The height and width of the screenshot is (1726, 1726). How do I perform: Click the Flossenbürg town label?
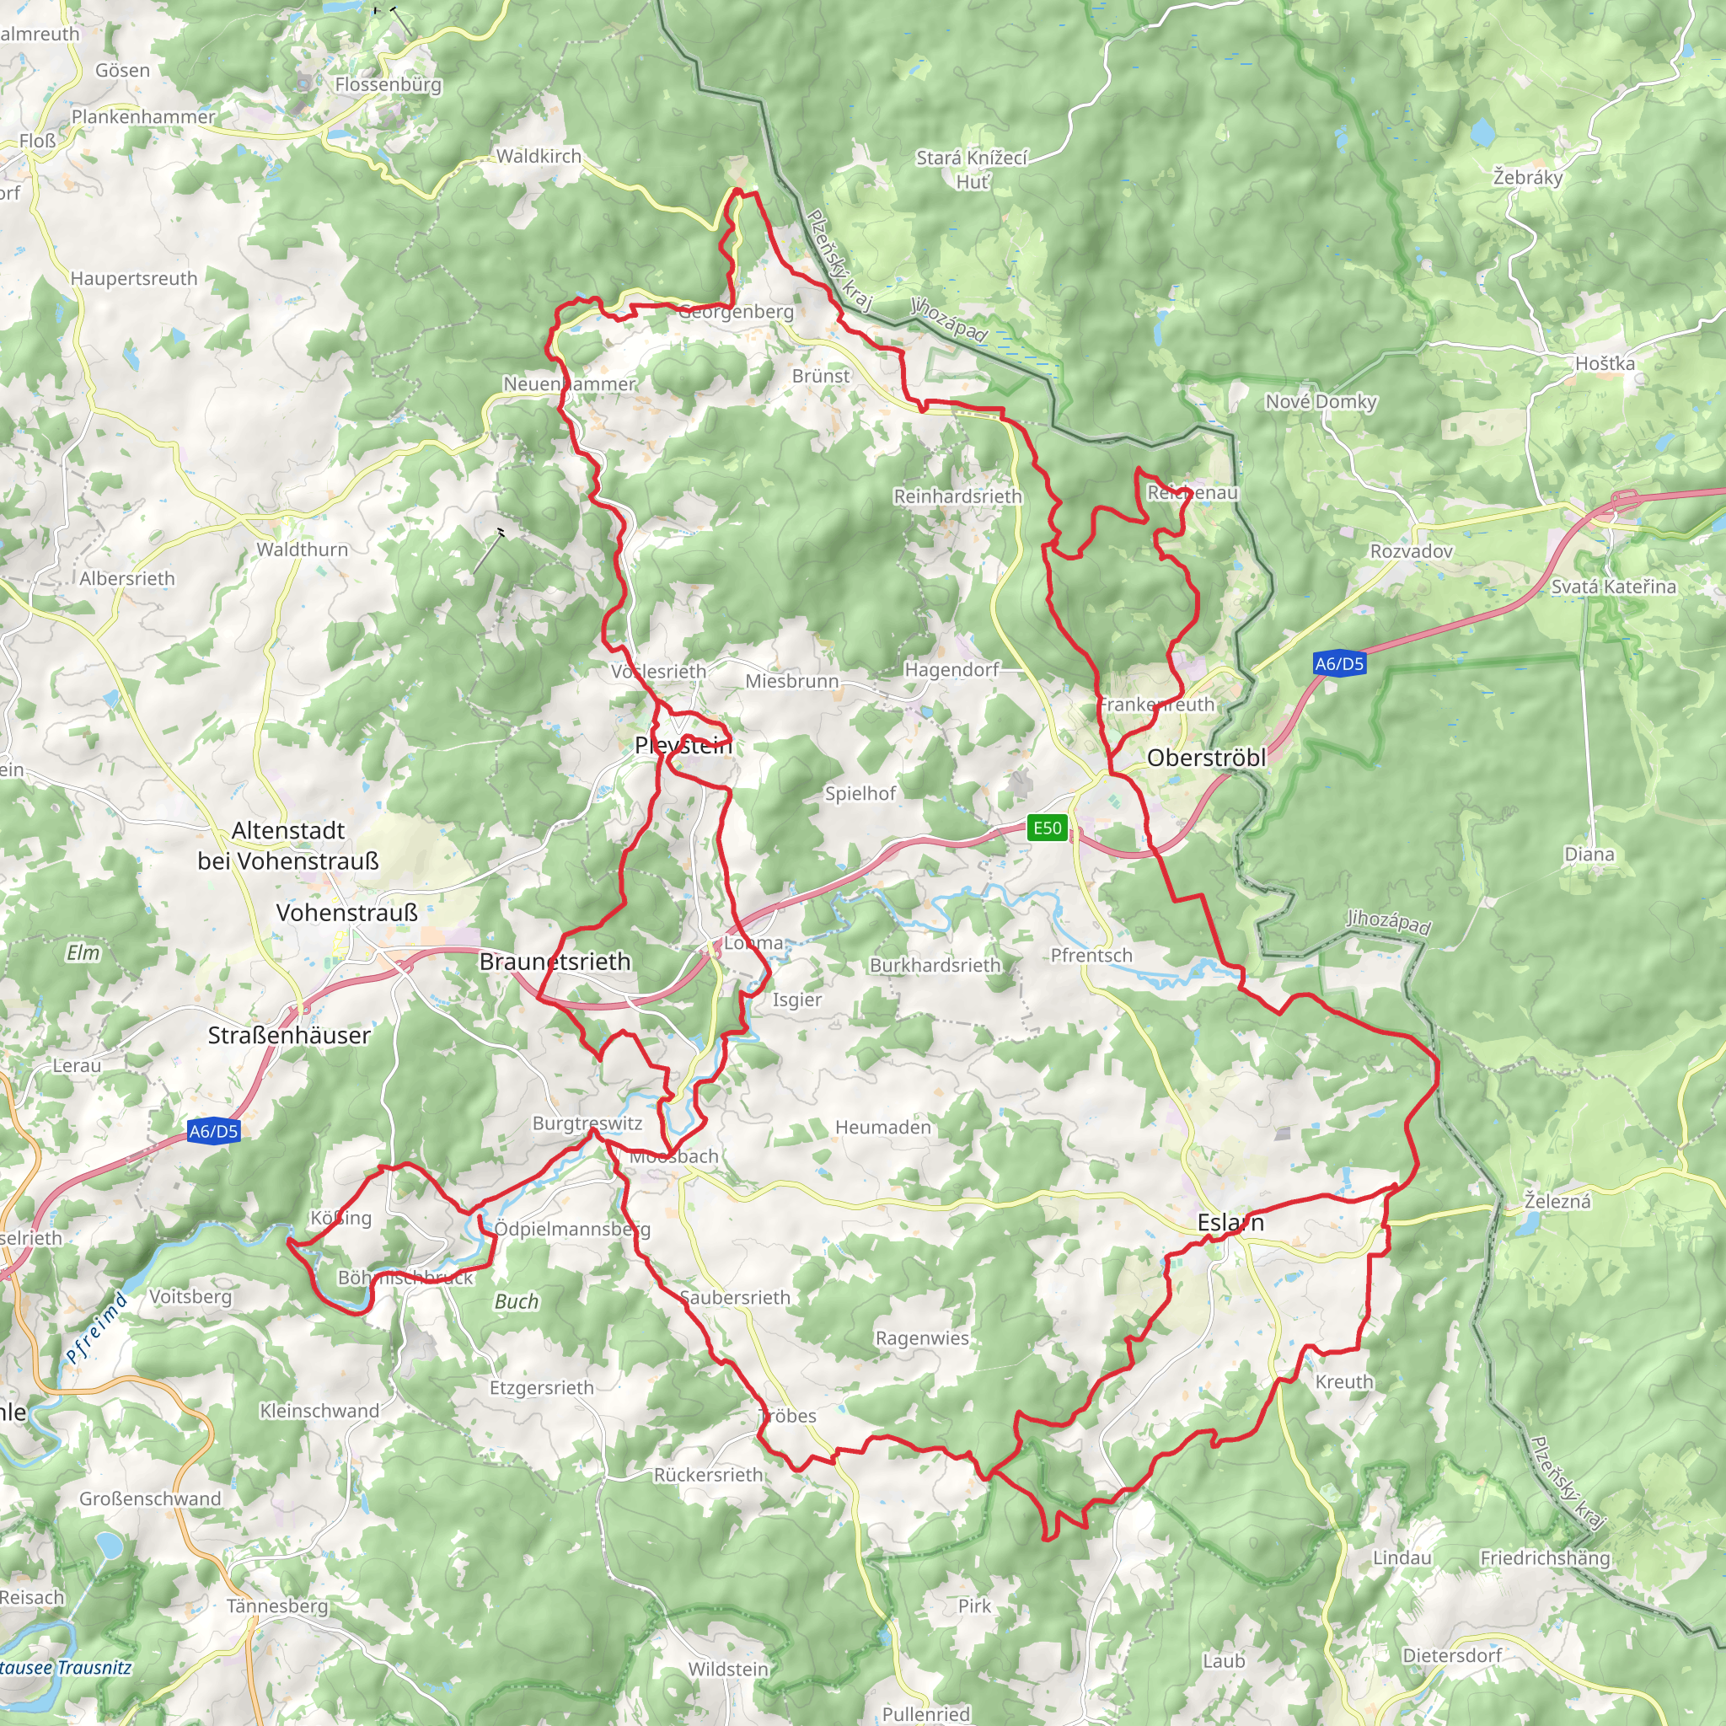[x=388, y=85]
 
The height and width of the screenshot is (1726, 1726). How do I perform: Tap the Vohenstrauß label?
[x=346, y=913]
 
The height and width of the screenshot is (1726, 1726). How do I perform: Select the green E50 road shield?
[x=1047, y=828]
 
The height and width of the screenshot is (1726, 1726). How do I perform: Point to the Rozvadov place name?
[x=1412, y=551]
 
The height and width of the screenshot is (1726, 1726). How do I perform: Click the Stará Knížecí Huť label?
[x=972, y=169]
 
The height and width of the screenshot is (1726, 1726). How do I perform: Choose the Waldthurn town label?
[x=302, y=549]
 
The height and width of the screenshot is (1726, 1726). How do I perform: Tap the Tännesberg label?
[x=277, y=1605]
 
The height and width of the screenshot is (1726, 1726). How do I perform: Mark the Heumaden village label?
[x=882, y=1128]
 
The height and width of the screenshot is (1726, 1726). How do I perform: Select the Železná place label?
[x=1557, y=1202]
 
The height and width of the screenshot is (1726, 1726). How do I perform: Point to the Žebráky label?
[x=1528, y=178]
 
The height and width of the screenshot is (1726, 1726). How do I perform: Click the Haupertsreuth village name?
[x=134, y=279]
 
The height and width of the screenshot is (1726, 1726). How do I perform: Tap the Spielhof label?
[x=860, y=793]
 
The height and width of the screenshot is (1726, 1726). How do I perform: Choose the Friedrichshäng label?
[x=1545, y=1558]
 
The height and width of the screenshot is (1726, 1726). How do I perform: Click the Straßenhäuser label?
[x=288, y=1036]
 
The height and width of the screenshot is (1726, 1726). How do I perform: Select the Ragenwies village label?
[x=922, y=1338]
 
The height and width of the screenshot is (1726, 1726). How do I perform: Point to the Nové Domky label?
[x=1321, y=402]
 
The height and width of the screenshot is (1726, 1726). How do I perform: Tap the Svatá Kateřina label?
[x=1613, y=587]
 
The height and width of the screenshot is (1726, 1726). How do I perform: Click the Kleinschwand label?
[x=319, y=1411]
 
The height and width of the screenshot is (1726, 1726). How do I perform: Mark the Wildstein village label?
[x=728, y=1669]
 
